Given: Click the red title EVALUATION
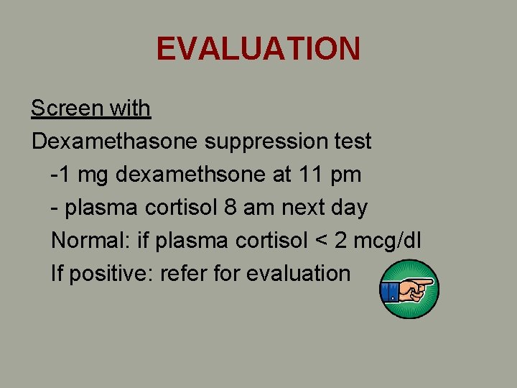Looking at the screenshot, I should click(x=258, y=48).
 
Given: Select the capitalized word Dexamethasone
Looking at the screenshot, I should click(x=115, y=142).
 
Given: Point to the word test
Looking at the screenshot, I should click(x=352, y=142).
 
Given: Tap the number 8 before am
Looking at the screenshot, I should click(x=230, y=208).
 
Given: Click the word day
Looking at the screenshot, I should click(x=350, y=208).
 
